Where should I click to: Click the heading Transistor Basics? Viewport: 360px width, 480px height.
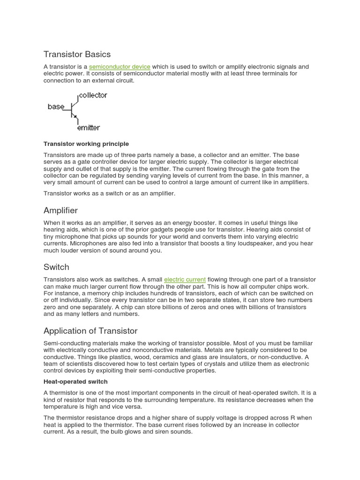(77, 54)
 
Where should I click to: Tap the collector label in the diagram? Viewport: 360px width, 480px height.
(93, 95)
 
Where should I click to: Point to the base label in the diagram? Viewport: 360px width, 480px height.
(56, 107)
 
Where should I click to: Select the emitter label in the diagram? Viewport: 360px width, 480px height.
(88, 127)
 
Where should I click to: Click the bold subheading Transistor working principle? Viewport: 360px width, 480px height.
(86, 144)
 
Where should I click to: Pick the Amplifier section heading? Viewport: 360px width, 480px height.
(60, 210)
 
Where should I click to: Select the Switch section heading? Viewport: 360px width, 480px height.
(56, 267)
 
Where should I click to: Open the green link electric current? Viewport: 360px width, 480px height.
(185, 280)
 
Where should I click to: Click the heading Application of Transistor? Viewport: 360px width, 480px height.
(90, 331)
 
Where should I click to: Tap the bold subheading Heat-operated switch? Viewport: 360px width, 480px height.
(75, 382)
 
